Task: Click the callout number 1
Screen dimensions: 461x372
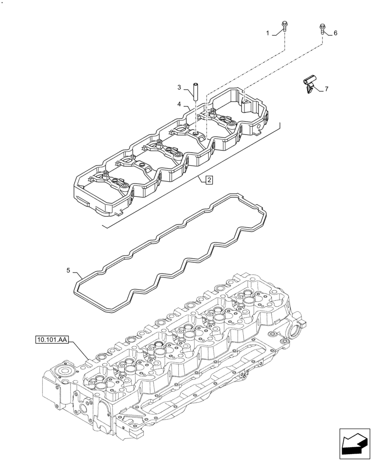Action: (x=267, y=33)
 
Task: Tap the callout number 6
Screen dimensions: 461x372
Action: (x=336, y=33)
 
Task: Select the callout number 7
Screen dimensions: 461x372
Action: (x=326, y=89)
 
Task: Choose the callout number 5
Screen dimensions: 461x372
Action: (x=68, y=271)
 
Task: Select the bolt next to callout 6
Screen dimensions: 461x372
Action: (x=322, y=29)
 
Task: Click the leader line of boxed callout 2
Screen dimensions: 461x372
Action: (x=202, y=179)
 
